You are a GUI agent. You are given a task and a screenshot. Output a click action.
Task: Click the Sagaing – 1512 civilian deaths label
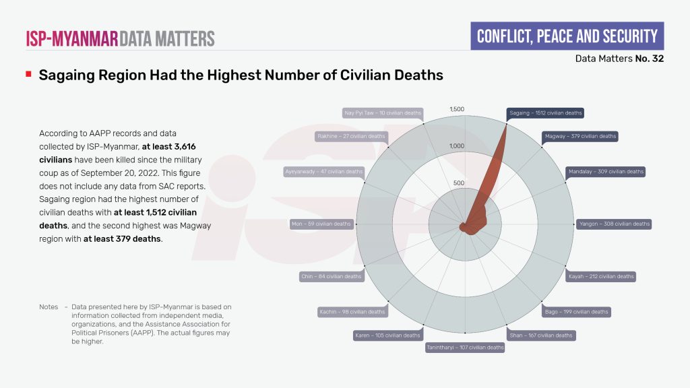544,113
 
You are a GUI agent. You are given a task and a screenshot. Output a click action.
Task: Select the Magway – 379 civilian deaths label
579,136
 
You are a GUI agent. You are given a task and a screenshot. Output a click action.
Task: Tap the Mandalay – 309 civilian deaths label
604,172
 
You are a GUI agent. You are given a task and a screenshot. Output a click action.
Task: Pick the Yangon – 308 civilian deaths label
614,224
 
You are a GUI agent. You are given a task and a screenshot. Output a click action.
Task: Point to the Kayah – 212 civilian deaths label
601,276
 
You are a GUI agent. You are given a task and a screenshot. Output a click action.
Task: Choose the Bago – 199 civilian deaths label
576,312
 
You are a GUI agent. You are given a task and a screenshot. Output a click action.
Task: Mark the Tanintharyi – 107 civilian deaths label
465,348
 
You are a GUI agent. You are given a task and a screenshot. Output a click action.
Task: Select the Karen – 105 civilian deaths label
387,335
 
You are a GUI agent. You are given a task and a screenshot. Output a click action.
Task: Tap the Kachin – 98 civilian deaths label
352,312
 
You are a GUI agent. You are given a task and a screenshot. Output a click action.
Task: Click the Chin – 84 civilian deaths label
331,276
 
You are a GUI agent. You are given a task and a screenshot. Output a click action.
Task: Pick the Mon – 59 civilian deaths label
321,224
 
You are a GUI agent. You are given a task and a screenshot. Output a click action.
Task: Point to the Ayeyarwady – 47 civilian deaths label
325,172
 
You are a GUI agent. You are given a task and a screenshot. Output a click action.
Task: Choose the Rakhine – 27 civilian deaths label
351,136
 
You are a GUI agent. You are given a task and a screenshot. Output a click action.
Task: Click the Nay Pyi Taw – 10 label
382,113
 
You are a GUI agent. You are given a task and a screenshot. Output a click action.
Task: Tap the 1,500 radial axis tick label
457,109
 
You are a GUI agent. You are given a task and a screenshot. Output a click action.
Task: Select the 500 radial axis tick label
458,183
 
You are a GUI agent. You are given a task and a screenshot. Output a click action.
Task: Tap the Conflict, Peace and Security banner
567,36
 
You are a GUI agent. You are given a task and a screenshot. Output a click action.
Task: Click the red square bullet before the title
28,73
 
